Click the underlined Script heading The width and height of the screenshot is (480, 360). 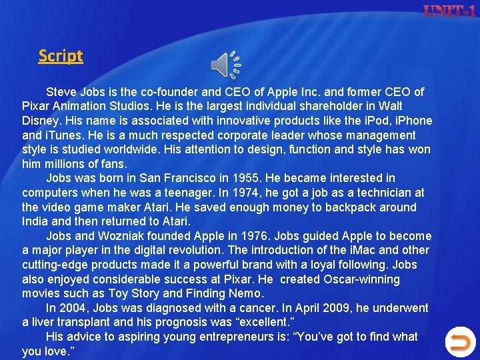tap(61, 56)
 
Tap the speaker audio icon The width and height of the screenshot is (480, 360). tap(226, 65)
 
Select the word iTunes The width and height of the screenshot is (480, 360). tap(63, 135)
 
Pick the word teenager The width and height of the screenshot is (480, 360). tap(190, 193)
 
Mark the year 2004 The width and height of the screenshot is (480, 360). tap(73, 308)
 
